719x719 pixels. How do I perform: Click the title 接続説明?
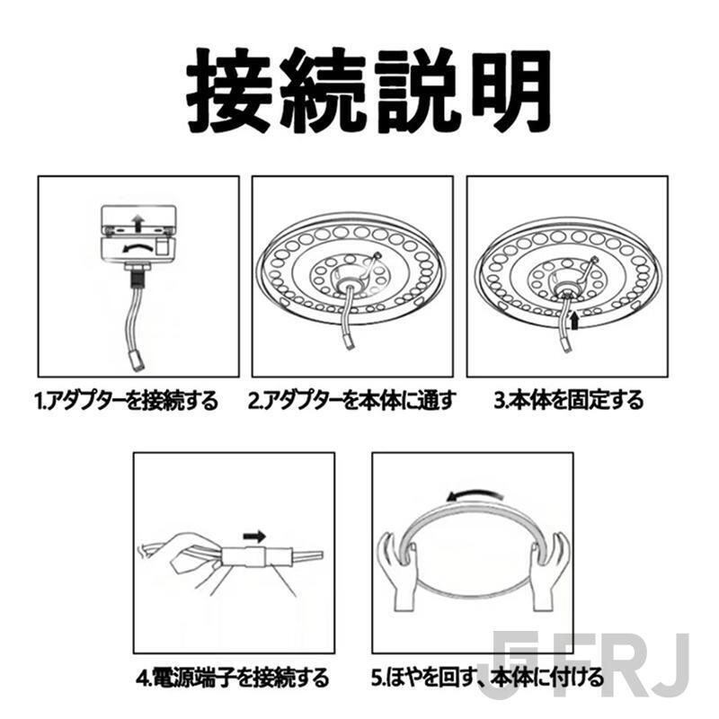[368, 92]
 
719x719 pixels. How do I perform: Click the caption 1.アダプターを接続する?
[127, 401]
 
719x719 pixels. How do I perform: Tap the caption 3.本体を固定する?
[568, 401]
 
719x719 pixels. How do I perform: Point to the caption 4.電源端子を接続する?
[233, 675]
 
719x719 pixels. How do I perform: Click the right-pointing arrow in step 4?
[255, 537]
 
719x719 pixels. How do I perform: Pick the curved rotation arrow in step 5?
[472, 495]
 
